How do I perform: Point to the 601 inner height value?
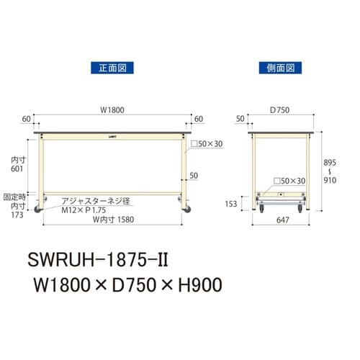pos(19,169)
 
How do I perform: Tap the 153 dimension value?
pos(231,204)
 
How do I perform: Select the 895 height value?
pos(329,163)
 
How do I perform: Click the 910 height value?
pos(329,183)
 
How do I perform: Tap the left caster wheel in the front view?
pos(40,209)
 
